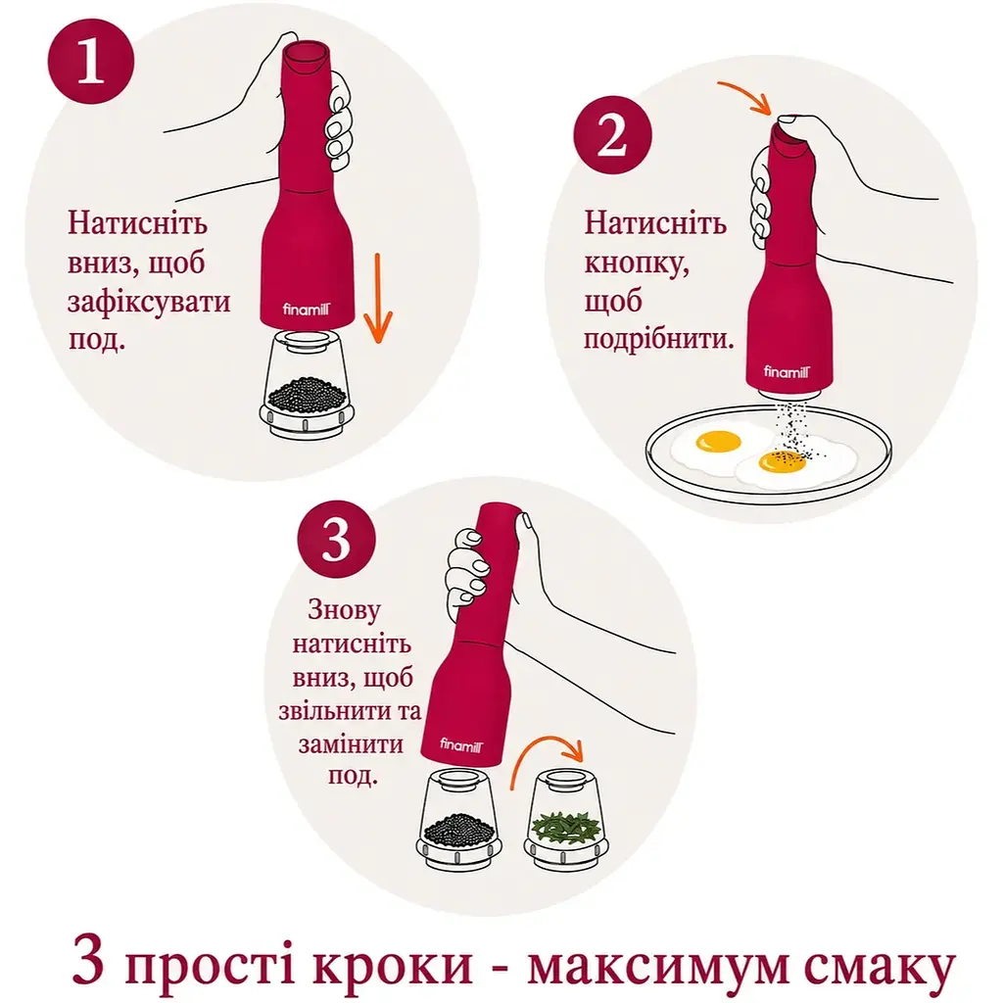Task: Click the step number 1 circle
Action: click(91, 61)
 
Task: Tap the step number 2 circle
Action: click(612, 135)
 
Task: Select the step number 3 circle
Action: click(337, 540)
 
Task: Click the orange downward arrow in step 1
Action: click(378, 298)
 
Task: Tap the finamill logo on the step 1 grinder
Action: click(307, 310)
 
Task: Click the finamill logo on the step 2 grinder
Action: click(787, 371)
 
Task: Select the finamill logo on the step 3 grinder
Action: click(461, 744)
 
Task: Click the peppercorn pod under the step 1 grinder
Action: click(307, 385)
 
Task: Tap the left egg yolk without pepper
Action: click(718, 442)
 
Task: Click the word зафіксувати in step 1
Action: click(149, 302)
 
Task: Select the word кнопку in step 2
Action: click(637, 264)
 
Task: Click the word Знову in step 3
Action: click(344, 609)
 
